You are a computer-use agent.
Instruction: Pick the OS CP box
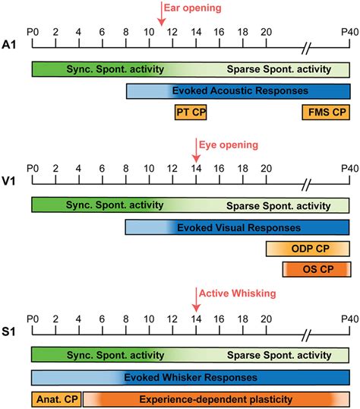click(316, 269)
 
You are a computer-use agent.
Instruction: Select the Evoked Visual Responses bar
click(238, 227)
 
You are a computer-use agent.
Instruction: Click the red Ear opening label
click(195, 8)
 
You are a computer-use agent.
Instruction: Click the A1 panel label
click(11, 44)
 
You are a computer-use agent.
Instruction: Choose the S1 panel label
click(11, 328)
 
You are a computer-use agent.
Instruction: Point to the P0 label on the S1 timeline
click(32, 316)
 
